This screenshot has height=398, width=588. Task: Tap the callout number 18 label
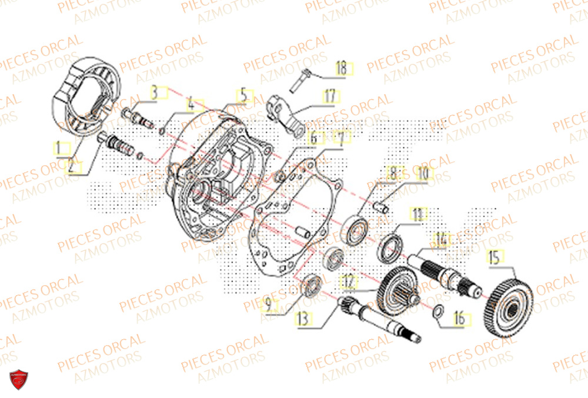click(x=342, y=68)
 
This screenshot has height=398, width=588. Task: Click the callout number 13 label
click(x=303, y=319)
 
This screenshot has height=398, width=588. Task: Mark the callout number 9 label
click(x=268, y=306)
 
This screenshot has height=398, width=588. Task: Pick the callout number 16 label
click(x=459, y=318)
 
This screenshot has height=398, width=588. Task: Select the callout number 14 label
click(x=441, y=239)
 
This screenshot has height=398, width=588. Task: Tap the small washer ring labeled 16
click(x=438, y=312)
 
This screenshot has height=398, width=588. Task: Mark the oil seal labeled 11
click(x=389, y=248)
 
